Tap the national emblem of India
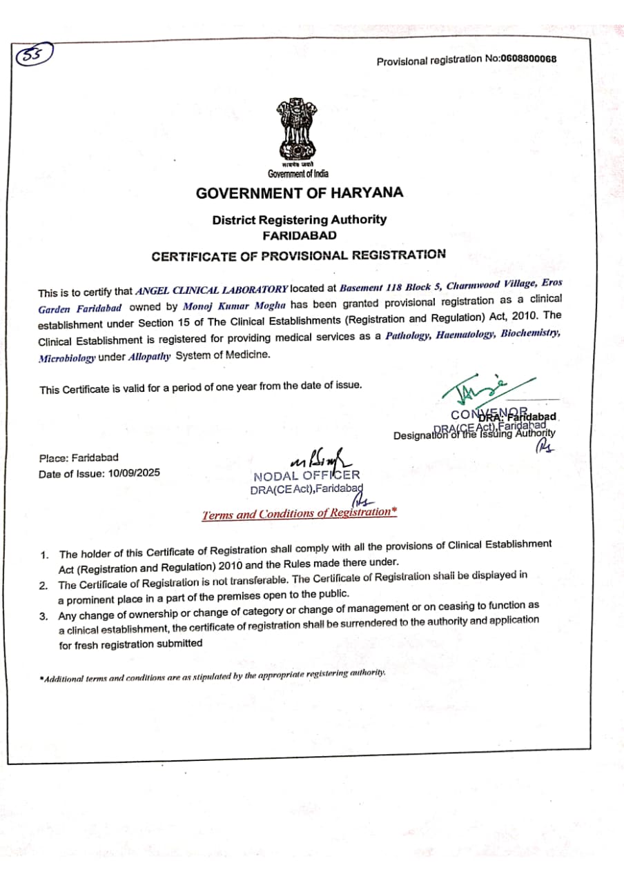coord(298,130)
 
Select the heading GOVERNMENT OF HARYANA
coord(299,193)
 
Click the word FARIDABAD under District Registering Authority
coord(299,235)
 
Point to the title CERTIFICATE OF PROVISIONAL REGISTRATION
coord(298,255)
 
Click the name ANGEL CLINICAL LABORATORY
coord(212,290)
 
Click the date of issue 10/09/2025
coord(134,473)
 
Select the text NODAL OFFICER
coord(306,476)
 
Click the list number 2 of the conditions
coord(43,586)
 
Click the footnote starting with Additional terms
coord(213,675)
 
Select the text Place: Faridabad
coord(79,457)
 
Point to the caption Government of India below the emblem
coord(298,173)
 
